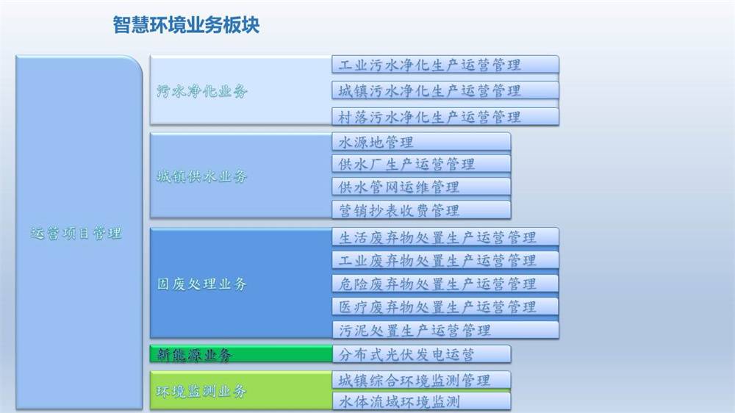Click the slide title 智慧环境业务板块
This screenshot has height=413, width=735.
[x=186, y=25]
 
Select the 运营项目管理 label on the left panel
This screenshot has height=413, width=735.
[x=76, y=233]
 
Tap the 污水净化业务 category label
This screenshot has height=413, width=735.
[x=201, y=91]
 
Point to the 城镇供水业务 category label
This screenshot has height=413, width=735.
[x=201, y=176]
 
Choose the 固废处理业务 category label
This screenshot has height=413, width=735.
[x=201, y=284]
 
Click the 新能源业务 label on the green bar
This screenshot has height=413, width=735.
[x=194, y=355]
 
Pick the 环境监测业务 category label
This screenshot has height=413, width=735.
[x=201, y=392]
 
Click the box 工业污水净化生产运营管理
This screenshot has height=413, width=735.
[x=445, y=65]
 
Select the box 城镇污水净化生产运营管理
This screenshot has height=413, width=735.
[x=445, y=90]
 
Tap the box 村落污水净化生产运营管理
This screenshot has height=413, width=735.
[x=445, y=117]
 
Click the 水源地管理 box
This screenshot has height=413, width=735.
[x=421, y=142]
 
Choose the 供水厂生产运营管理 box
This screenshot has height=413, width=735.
[x=421, y=164]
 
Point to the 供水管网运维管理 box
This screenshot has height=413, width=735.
[x=421, y=187]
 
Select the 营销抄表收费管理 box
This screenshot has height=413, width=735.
[x=421, y=210]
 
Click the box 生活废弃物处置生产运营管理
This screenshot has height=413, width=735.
[x=445, y=237]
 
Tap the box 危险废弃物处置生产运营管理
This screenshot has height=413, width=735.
[x=445, y=284]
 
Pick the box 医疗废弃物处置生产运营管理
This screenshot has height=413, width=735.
[x=445, y=306]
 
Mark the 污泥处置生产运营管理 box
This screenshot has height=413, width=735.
[x=445, y=330]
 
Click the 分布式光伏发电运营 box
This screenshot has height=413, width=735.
[x=421, y=354]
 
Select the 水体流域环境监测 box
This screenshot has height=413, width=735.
[x=421, y=401]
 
